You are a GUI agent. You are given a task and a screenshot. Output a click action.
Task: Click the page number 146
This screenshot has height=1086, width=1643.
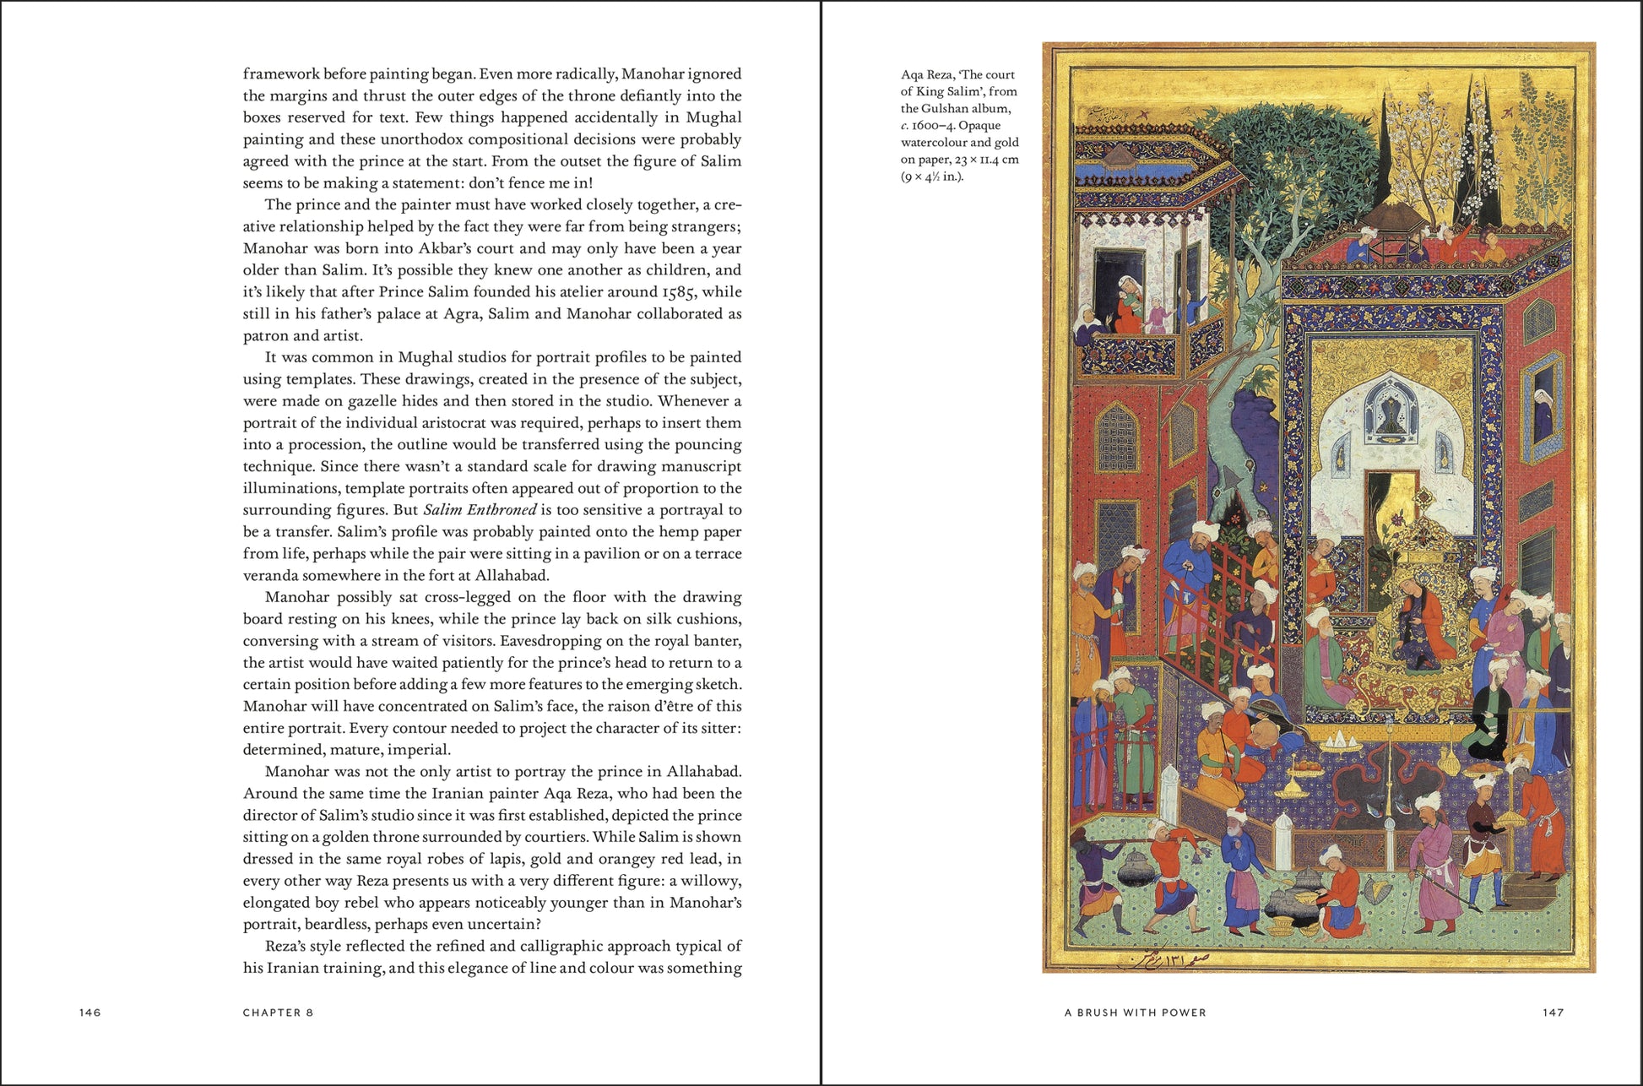pyautogui.click(x=90, y=1013)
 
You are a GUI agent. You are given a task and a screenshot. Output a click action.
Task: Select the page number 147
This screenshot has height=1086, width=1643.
pyautogui.click(x=1553, y=1013)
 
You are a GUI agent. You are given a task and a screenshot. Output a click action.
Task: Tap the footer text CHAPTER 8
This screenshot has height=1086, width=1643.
pyautogui.click(x=278, y=1013)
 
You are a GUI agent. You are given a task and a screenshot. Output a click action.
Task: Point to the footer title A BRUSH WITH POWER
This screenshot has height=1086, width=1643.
pyautogui.click(x=1135, y=1013)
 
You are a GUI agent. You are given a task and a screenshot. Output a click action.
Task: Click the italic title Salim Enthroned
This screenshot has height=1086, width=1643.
pyautogui.click(x=480, y=510)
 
